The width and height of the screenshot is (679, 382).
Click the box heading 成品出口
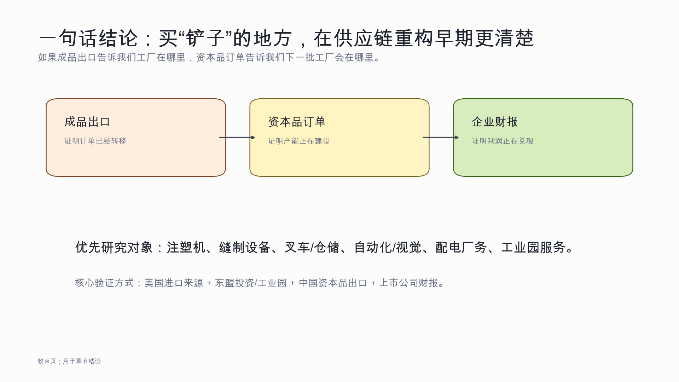coord(87,122)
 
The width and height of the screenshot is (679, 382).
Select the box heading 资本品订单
coord(297,122)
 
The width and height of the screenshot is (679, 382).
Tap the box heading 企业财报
coord(495,122)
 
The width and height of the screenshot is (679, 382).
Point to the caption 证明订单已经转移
coord(95,141)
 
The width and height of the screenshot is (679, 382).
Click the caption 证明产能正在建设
coord(299,141)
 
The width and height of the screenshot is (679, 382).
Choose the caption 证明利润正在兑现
coord(503,141)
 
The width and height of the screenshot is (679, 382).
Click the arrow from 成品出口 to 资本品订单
coord(237,138)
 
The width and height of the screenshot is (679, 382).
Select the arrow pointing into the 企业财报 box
coord(441,138)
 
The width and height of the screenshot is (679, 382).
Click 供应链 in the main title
coord(364,38)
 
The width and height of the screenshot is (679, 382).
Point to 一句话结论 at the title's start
coord(88,38)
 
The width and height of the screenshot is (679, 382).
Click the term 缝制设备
coord(245,248)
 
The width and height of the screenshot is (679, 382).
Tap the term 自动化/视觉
coord(388,248)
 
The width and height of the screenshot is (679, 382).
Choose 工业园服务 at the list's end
coord(534,248)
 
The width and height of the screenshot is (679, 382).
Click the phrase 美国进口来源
coord(174,283)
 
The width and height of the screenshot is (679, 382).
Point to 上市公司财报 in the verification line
coord(409,283)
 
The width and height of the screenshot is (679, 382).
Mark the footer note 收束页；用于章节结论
coord(69,361)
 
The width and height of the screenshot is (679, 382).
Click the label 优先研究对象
coord(114,248)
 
